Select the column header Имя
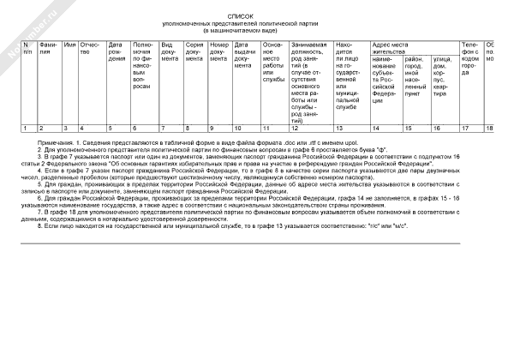click(x=70, y=43)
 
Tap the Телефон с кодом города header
click(x=471, y=56)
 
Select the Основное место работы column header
click(x=273, y=60)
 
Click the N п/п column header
click(x=27, y=47)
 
